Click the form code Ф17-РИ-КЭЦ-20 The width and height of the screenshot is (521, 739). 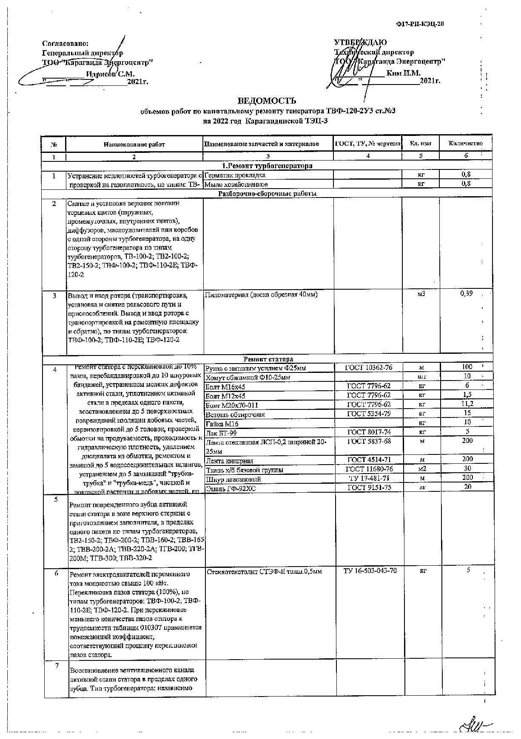coord(420,24)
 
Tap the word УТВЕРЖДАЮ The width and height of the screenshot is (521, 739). coord(361,42)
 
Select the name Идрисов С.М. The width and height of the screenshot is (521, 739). coord(110,73)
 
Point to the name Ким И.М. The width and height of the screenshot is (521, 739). coord(403,73)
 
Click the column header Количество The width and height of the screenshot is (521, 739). coord(466,144)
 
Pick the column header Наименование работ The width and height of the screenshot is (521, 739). coord(134,144)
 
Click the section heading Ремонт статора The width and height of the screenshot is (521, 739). coord(268,359)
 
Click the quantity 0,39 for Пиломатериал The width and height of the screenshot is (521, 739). coord(467,293)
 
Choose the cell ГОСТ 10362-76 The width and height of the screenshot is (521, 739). coord(369,367)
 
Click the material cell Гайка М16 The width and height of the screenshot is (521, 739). coord(222,423)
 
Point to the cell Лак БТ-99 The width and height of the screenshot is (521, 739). coord(221,433)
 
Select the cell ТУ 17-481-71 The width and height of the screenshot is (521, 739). coord(369,479)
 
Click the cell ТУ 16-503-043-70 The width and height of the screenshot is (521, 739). coord(370,570)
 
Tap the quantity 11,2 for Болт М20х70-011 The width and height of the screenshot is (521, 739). coord(467,404)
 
